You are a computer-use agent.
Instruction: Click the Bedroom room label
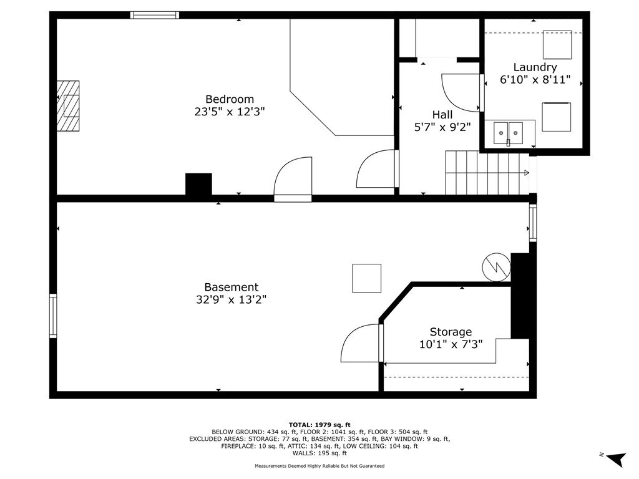(230, 99)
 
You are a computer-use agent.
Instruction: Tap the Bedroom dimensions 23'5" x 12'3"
(230, 112)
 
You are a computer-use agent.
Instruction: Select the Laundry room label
(535, 67)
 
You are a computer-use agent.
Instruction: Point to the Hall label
(442, 115)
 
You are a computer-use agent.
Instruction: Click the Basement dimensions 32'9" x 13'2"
(231, 300)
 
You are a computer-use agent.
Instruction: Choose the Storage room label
(451, 332)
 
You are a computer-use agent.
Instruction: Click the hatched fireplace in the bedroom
(69, 105)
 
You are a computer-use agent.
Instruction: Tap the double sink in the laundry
(508, 133)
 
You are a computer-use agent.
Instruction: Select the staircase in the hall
(487, 173)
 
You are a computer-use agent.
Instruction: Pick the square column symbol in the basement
(366, 278)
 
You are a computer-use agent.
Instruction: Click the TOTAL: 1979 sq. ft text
(319, 425)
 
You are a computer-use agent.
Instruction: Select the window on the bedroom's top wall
(154, 15)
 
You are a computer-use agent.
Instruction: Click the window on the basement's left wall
(53, 316)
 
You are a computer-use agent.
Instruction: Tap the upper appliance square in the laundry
(557, 44)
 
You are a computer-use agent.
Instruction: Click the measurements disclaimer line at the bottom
(319, 466)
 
